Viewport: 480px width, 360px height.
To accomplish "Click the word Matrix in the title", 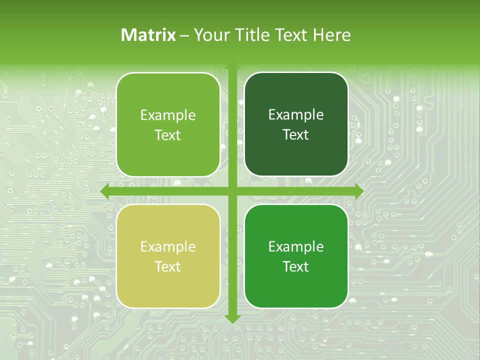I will pos(148,35).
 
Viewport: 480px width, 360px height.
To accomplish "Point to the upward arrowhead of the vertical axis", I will pos(232,68).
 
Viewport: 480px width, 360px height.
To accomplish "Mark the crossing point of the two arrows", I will pos(232,191).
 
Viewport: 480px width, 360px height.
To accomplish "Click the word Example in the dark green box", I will pos(296,115).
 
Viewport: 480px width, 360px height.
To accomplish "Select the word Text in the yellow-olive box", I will pos(167,267).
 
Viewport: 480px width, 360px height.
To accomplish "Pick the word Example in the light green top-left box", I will pos(168,115).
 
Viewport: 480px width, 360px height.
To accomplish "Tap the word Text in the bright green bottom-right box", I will pos(296,267).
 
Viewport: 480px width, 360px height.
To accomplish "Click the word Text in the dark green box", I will pos(296,135).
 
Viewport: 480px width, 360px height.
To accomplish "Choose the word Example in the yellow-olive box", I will pos(168,247).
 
